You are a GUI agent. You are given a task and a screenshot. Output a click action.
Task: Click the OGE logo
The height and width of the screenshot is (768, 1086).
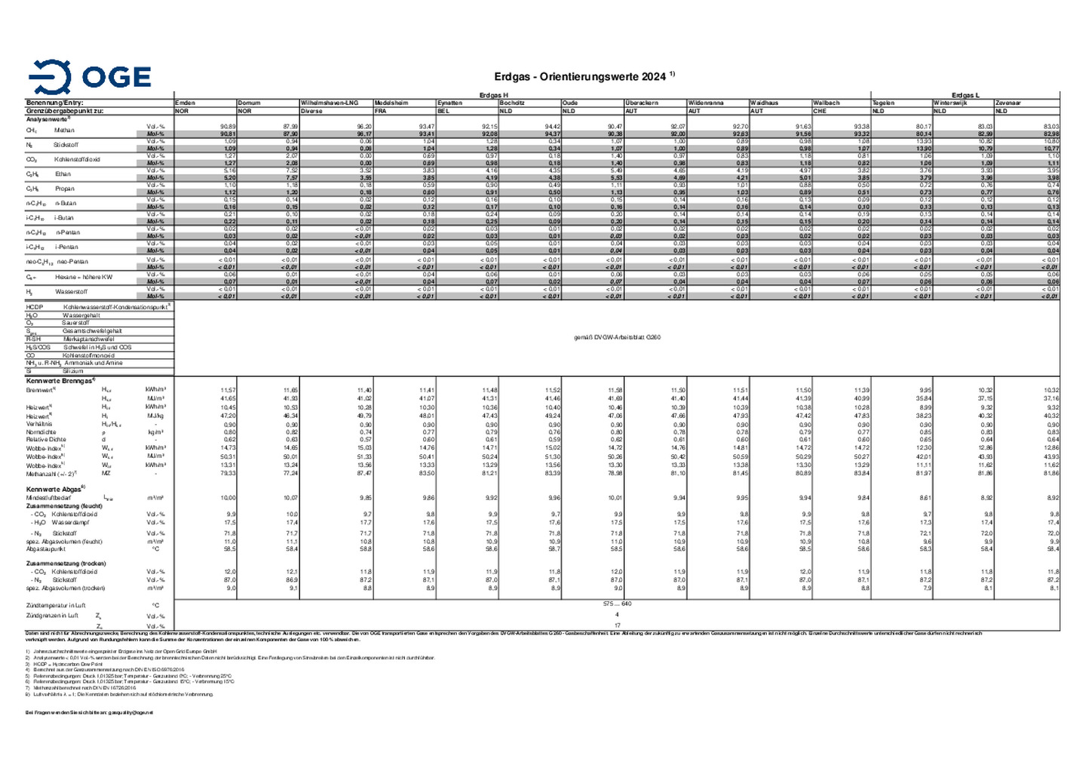[x=89, y=77]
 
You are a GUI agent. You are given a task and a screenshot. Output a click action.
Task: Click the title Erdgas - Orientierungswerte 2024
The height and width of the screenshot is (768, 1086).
[x=580, y=77]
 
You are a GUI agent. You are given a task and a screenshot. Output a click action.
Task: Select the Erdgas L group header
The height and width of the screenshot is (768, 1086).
[x=965, y=95]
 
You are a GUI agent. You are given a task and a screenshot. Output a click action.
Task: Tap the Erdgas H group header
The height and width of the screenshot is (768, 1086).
[x=494, y=95]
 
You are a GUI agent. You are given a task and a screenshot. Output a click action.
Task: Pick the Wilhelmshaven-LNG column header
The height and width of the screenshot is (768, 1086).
[x=329, y=103]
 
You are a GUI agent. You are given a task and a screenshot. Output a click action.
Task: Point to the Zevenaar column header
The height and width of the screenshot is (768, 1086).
[x=1009, y=103]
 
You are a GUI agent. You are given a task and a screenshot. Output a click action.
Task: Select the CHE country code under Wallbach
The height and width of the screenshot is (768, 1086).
[x=820, y=111]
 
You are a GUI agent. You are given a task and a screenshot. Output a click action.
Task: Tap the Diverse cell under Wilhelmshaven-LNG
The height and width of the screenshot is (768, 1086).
[x=311, y=111]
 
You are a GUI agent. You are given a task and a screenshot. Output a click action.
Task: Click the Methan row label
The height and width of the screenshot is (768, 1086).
[x=64, y=131]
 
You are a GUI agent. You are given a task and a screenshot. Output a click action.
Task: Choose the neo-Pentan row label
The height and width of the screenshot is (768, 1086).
[x=72, y=262]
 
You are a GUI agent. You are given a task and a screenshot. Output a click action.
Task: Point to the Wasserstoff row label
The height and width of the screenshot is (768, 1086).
[x=71, y=292]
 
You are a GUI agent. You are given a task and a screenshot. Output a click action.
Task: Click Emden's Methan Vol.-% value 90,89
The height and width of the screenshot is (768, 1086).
[x=228, y=127]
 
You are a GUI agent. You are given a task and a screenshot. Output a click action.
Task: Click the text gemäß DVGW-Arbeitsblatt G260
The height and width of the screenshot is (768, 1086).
[x=617, y=337]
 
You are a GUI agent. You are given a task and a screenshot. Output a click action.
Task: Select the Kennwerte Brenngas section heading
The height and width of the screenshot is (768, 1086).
[x=60, y=381]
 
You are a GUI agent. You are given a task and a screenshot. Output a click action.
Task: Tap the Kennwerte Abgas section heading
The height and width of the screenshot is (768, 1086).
[x=55, y=489]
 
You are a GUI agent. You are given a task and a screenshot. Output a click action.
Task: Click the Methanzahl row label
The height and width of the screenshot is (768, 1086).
[x=51, y=473]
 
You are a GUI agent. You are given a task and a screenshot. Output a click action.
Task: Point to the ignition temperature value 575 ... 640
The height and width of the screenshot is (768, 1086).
[x=617, y=604]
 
